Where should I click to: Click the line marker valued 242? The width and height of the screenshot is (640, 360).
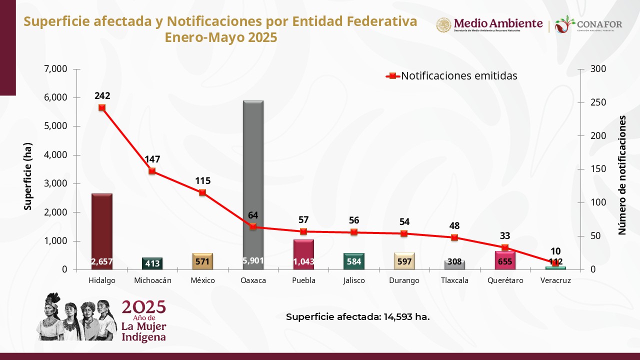pos(102,107)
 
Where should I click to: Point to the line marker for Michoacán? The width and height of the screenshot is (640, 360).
pos(152,171)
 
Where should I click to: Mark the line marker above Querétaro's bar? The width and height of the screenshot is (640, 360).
pos(505,247)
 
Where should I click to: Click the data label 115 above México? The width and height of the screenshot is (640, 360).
pos(202,181)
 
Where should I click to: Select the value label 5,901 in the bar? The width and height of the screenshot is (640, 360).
pos(253,260)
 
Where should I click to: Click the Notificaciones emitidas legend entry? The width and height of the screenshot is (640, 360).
pos(452,76)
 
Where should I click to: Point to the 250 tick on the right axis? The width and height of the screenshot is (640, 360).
pos(598,102)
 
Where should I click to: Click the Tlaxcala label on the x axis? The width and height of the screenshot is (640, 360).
pos(454,280)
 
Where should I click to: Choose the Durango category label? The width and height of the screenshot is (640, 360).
pos(404,280)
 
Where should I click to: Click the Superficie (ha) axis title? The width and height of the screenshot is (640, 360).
pos(28,176)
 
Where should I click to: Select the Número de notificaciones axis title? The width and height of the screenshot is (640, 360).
pos(622,175)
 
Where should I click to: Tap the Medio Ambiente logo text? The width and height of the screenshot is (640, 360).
pos(498,23)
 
